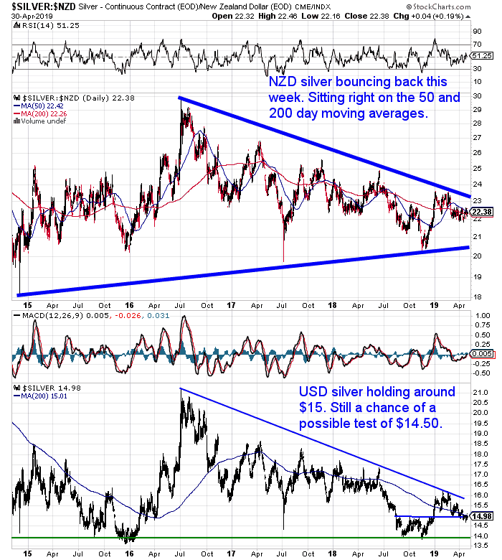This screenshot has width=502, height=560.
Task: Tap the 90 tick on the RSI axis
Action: (x=476, y=32)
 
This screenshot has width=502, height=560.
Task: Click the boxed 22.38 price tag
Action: (x=481, y=212)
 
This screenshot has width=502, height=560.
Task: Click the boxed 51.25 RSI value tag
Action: (x=481, y=55)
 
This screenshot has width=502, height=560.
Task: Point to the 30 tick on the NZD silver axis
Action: (x=476, y=95)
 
